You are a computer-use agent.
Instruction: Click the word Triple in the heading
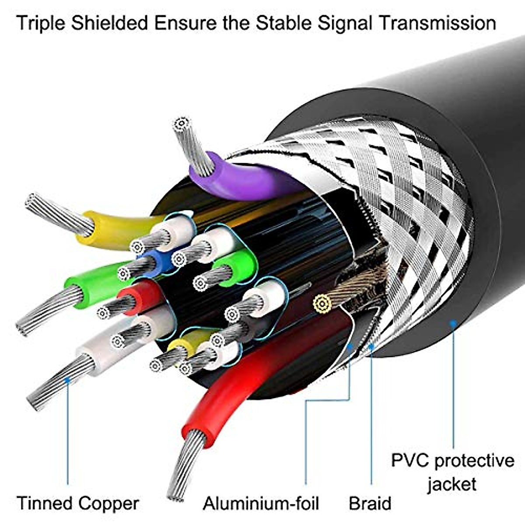(41, 24)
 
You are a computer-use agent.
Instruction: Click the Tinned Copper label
(78, 503)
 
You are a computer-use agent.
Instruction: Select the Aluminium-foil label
(261, 503)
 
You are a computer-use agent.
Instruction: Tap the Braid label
(370, 503)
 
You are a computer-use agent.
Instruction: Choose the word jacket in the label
(452, 484)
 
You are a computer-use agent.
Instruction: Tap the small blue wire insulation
(158, 262)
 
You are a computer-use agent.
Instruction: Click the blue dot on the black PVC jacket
(453, 323)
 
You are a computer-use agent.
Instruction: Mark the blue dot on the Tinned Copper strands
(67, 380)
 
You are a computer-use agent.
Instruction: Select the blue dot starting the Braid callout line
(371, 347)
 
